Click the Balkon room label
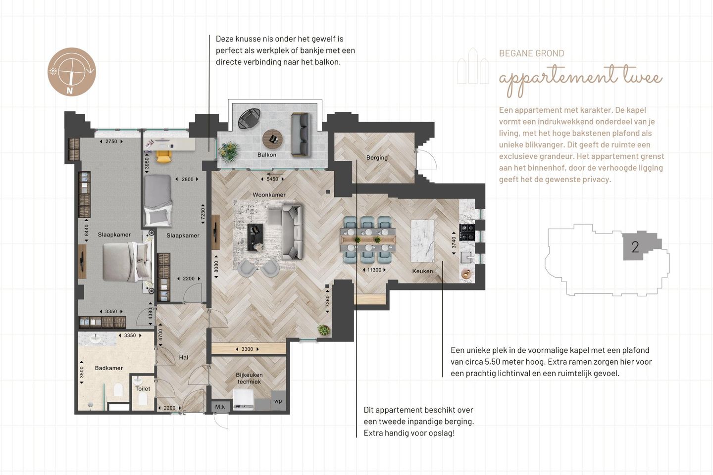pyautogui.click(x=267, y=155)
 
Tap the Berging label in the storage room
pyautogui.click(x=377, y=157)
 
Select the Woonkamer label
pyautogui.click(x=269, y=195)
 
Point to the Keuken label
pyautogui.click(x=422, y=271)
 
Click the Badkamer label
pyautogui.click(x=109, y=368)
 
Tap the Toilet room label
pyautogui.click(x=143, y=389)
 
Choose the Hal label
pyautogui.click(x=183, y=358)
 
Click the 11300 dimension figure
pyautogui.click(x=374, y=270)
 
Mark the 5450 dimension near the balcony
pyautogui.click(x=272, y=179)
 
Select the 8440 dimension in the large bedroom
pyautogui.click(x=87, y=230)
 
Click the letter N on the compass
pyautogui.click(x=70, y=91)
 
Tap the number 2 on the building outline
pyautogui.click(x=635, y=247)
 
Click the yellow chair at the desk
pyautogui.click(x=164, y=156)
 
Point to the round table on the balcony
pyautogui.click(x=272, y=140)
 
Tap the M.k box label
pyautogui.click(x=220, y=407)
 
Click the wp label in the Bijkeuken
pyautogui.click(x=278, y=401)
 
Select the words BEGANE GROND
pyautogui.click(x=532, y=53)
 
